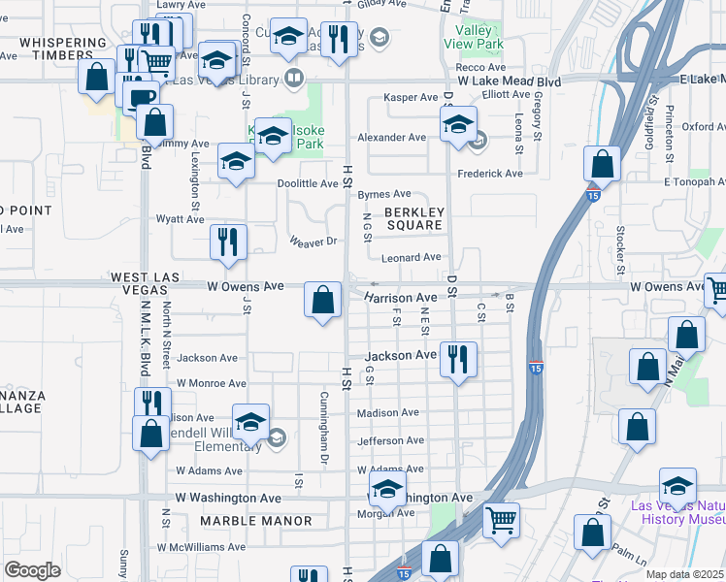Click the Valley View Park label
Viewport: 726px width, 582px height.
tap(473, 37)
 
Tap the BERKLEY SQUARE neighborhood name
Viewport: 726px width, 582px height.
tap(414, 218)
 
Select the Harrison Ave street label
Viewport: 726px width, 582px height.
tap(401, 298)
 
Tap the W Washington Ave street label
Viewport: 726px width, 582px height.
tap(228, 498)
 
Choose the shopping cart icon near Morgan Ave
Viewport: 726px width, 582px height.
tap(501, 520)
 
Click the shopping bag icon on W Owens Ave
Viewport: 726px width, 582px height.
tap(323, 300)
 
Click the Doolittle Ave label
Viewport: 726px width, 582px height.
tap(308, 183)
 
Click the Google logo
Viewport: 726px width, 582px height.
tap(32, 570)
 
